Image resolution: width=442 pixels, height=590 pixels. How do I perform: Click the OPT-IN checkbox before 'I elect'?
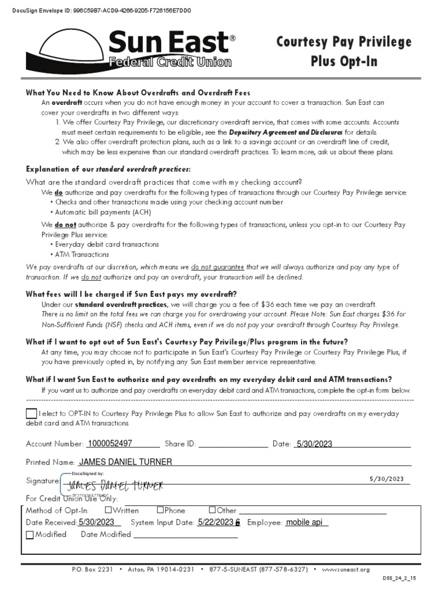31,414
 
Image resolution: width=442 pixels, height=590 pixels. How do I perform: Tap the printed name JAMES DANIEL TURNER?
125,462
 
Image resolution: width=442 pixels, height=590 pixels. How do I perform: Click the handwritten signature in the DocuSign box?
115,485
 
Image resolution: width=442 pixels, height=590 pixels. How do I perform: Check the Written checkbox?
108,510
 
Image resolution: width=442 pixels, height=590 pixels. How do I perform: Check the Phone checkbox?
160,510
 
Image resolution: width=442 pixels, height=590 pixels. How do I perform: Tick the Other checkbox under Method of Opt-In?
212,510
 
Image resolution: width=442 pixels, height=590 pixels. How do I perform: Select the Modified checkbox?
30,535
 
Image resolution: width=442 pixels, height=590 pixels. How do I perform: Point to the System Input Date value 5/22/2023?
216,522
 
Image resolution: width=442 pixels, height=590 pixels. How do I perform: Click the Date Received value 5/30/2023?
97,522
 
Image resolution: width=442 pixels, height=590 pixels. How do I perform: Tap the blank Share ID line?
233,444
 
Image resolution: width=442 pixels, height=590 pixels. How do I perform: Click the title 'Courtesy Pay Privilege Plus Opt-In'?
344,51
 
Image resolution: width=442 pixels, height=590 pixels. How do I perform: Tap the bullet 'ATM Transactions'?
82,254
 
